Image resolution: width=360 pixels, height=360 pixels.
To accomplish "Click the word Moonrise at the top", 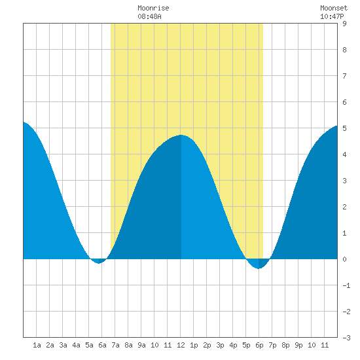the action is [153, 8].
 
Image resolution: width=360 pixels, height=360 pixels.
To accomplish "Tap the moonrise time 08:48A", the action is [149, 16].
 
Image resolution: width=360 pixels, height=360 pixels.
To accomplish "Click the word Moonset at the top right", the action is [334, 8].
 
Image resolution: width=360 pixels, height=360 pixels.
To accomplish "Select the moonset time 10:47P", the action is [332, 16].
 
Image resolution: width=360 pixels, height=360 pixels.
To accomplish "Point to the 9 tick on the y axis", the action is [344, 24].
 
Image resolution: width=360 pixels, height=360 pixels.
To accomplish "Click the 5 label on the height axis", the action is [344, 128].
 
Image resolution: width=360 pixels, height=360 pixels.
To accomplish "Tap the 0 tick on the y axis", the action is [344, 259].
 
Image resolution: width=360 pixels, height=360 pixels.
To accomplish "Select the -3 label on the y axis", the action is [346, 338].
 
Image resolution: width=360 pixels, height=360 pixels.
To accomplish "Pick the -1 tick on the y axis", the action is [346, 285].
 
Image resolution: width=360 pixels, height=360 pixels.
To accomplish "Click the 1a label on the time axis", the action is [37, 345].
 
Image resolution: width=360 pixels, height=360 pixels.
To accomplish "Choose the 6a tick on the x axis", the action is [102, 345].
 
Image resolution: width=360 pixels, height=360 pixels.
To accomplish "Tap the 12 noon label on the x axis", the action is [181, 345].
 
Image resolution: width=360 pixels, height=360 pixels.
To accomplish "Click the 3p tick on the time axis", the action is [220, 345].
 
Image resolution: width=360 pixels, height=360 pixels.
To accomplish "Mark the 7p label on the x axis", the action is [272, 345].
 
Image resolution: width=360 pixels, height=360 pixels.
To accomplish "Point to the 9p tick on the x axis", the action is [298, 345].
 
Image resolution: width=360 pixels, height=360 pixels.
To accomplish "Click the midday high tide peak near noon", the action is [181, 135].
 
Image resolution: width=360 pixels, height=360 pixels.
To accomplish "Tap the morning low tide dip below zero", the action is [98, 262].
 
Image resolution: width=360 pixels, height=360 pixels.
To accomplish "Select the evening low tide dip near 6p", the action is [259, 268].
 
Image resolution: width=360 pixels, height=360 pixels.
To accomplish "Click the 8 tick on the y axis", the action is [344, 50].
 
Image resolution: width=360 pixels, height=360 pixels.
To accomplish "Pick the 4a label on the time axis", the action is [76, 345].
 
